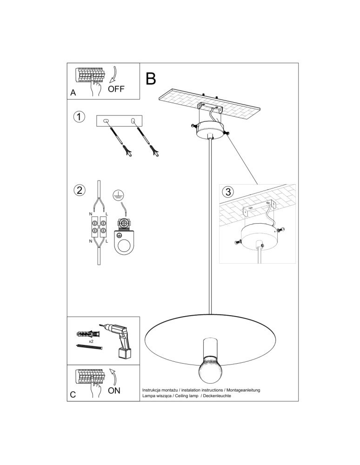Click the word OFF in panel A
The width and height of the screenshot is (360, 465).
(116, 89)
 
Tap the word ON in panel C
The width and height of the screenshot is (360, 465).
(114, 390)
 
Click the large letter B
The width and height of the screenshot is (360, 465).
(151, 79)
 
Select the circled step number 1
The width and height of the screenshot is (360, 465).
(79, 117)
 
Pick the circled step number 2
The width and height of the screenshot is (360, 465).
(79, 190)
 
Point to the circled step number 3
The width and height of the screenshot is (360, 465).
(228, 192)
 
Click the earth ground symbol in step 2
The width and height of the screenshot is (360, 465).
(119, 194)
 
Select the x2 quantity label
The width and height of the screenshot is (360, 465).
(91, 341)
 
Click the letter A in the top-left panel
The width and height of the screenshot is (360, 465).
(73, 93)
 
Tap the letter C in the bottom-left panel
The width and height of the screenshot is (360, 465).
(73, 395)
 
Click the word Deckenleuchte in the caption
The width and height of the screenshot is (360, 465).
(218, 396)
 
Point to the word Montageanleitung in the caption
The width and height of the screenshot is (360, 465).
(243, 390)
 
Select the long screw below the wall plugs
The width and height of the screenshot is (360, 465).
(89, 347)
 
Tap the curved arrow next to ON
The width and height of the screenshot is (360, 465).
(113, 377)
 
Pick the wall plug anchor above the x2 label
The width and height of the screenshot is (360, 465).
(88, 334)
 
